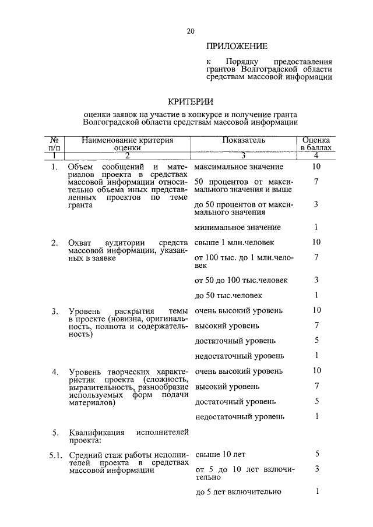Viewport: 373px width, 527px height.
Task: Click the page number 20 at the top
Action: (191, 31)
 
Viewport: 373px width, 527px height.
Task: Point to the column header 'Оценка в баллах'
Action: (316, 144)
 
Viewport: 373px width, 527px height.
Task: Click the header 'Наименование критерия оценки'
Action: (128, 144)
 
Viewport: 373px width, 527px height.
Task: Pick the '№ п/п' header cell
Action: (54, 144)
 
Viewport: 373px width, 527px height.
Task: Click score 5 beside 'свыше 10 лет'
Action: (316, 454)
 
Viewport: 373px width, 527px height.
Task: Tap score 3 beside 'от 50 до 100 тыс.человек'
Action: (316, 280)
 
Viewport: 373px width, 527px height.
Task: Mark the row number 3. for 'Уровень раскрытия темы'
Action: (55, 311)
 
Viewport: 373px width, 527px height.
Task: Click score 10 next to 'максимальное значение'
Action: (316, 167)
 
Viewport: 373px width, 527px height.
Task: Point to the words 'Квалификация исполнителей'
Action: (128, 432)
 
